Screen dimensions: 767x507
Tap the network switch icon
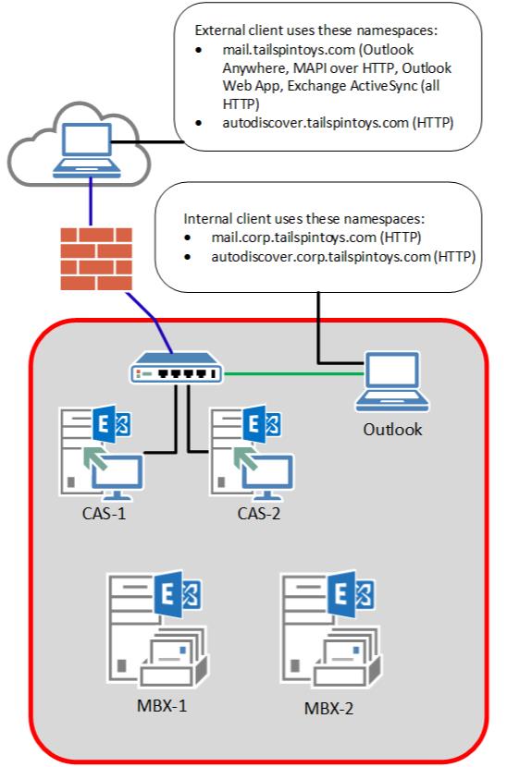(x=177, y=372)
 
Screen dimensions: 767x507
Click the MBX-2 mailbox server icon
(x=328, y=628)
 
